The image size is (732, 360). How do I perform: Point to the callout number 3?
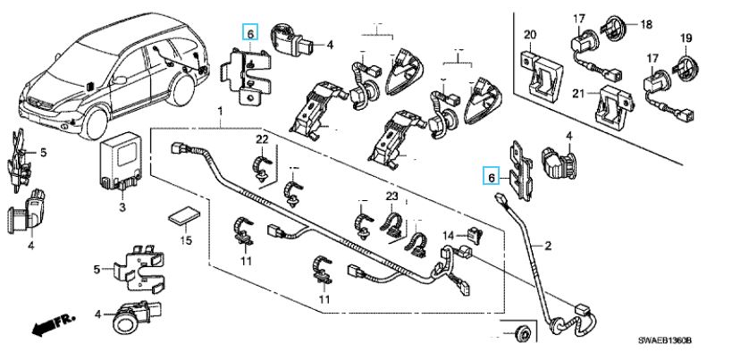pyautogui.click(x=122, y=207)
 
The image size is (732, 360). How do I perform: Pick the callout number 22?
pyautogui.click(x=262, y=139)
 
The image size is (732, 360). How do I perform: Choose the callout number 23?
pyautogui.click(x=391, y=196)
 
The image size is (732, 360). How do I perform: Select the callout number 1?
pyautogui.click(x=218, y=110)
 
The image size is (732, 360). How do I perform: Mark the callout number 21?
pyautogui.click(x=578, y=94)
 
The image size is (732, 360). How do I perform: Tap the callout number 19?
pyautogui.click(x=686, y=38)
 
